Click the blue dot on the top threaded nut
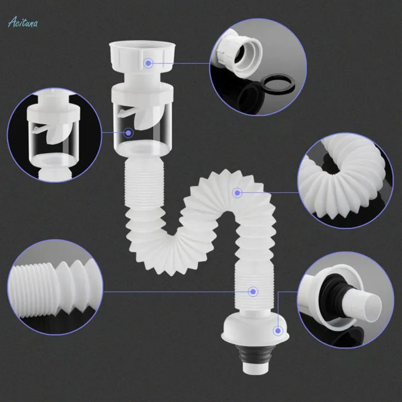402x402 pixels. coord(148,63)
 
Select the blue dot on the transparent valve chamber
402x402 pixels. coord(128,133)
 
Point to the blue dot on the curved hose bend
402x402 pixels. coord(237,193)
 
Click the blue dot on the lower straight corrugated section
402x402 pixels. coord(252,291)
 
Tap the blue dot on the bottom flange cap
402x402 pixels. coord(277,331)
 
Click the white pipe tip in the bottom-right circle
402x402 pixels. coord(368,304)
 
